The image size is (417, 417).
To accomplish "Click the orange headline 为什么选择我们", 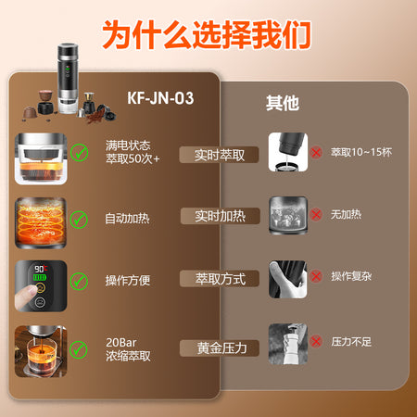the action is pyautogui.click(x=207, y=34).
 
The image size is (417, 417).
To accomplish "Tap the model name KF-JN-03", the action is pyautogui.click(x=160, y=98).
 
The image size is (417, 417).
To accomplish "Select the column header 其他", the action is pyautogui.click(x=283, y=103).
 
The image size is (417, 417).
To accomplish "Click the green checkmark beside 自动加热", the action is pyautogui.click(x=79, y=220).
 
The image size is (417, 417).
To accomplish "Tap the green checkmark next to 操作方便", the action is pyautogui.click(x=79, y=282).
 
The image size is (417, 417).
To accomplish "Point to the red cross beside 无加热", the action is pyautogui.click(x=316, y=214).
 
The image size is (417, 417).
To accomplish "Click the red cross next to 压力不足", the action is pyautogui.click(x=316, y=342).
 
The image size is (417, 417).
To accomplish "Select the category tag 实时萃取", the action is pyautogui.click(x=219, y=155).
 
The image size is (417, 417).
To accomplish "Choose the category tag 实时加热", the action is pyautogui.click(x=220, y=216).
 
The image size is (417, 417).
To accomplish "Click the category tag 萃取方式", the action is pyautogui.click(x=220, y=279).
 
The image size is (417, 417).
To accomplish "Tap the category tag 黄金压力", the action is pyautogui.click(x=220, y=348).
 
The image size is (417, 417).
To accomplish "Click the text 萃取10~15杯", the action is pyautogui.click(x=361, y=152).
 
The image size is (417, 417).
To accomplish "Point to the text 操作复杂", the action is pyautogui.click(x=351, y=276).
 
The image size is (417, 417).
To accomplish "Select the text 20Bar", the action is pyautogui.click(x=121, y=343).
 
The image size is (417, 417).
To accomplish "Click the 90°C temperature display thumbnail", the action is pyautogui.click(x=41, y=286).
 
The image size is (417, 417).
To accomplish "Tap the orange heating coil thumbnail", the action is pyautogui.click(x=41, y=222).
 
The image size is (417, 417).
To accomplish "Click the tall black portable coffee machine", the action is pyautogui.click(x=68, y=79).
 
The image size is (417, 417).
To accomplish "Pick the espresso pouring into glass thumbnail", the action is pyautogui.click(x=41, y=351).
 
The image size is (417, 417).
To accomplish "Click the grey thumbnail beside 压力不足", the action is pyautogui.click(x=288, y=344).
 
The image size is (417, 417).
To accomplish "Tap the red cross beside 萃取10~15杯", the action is pyautogui.click(x=316, y=152).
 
